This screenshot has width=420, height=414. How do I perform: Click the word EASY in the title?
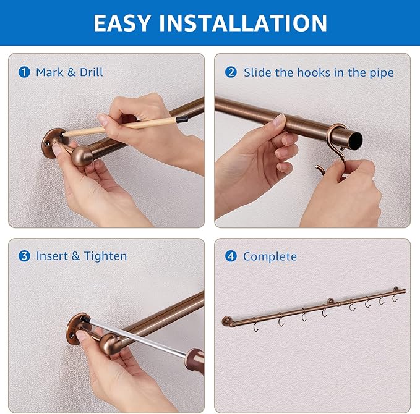click(122, 23)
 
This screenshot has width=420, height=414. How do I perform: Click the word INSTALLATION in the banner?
click(243, 23)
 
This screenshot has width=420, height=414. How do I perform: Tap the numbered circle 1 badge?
click(24, 72)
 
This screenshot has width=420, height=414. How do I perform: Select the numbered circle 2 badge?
click(231, 72)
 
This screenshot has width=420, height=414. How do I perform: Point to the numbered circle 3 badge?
click(24, 256)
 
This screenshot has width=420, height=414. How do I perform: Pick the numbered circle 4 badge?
click(231, 256)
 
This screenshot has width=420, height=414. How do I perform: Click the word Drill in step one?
click(91, 72)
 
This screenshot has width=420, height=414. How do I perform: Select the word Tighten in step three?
click(105, 256)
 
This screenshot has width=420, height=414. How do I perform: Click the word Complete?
click(270, 256)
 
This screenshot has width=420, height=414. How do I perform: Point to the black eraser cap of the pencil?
click(181, 119)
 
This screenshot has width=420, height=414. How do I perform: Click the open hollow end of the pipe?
click(355, 141)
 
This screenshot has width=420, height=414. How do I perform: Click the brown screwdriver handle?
click(195, 360)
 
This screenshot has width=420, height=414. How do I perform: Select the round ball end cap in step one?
click(82, 156)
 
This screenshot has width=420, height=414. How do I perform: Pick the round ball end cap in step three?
click(110, 344)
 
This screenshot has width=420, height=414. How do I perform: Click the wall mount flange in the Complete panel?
click(226, 321)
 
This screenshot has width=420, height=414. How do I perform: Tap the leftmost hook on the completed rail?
click(255, 325)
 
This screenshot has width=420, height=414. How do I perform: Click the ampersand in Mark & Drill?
click(72, 72)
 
